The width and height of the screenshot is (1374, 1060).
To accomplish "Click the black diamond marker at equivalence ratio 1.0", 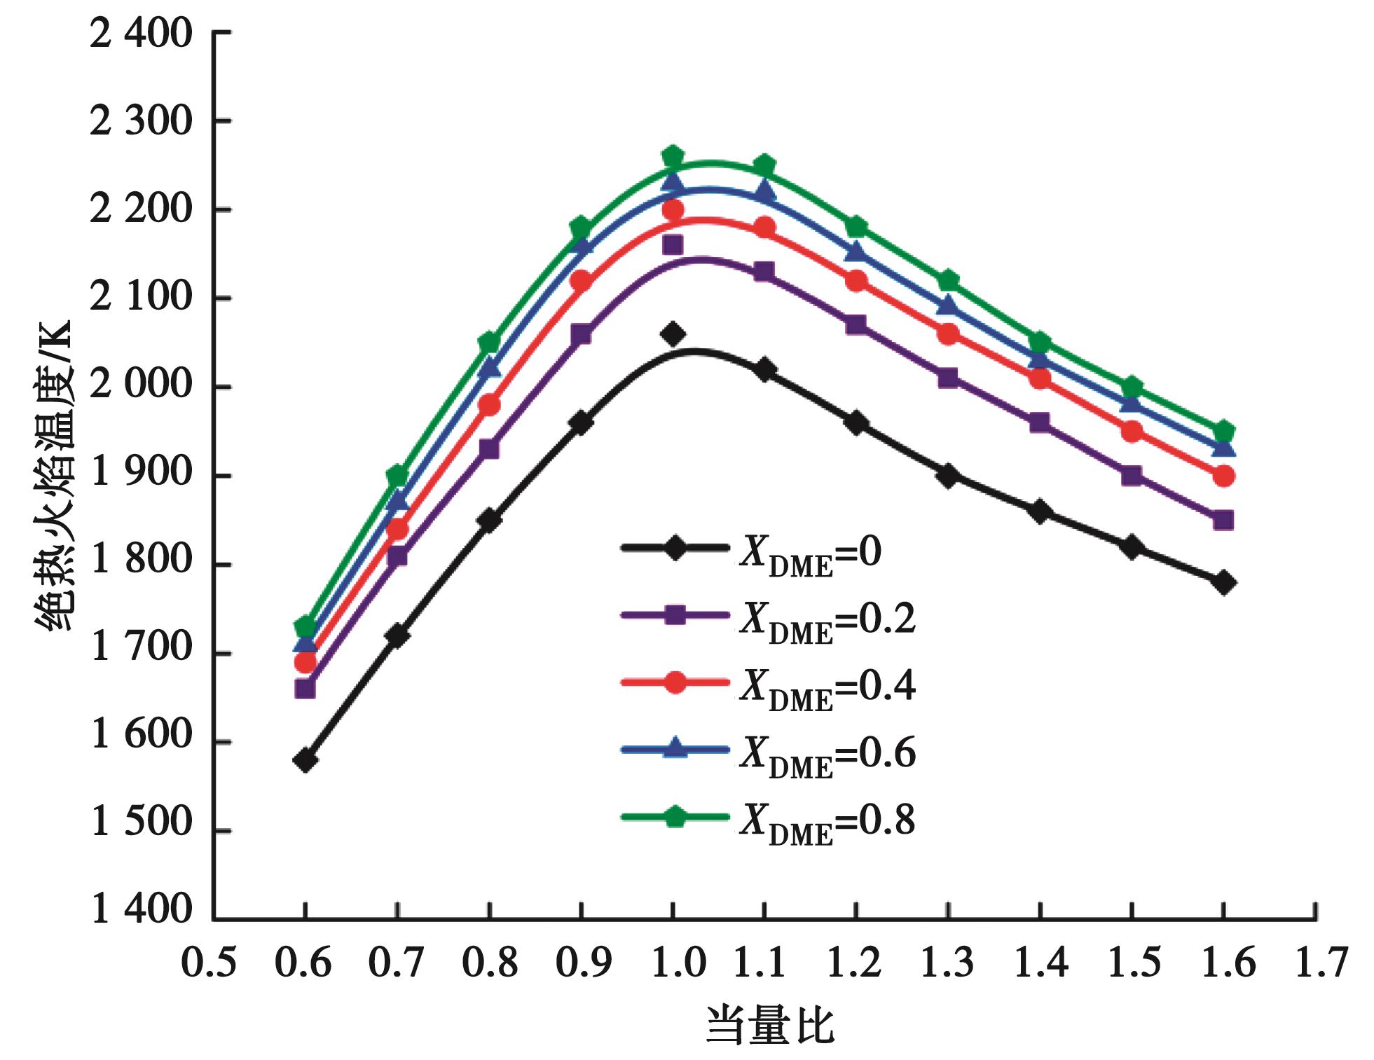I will pos(673,334).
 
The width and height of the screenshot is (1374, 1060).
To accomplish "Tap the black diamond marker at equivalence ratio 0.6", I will pos(305,760).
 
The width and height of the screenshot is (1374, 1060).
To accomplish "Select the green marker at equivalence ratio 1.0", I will pos(673,156).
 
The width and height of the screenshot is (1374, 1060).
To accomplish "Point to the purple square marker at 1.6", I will pos(1223,521).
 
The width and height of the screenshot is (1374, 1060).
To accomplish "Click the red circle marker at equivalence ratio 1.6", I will pos(1223,476).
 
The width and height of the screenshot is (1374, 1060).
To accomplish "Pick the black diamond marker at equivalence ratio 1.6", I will pos(1223,582).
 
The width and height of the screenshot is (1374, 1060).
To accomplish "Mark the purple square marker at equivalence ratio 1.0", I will pos(673,245).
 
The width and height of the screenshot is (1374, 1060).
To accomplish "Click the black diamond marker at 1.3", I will pos(948,476).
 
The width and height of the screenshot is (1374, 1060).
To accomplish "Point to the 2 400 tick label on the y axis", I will pos(141,33).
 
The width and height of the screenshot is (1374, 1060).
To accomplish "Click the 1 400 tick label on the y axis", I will pos(141,909).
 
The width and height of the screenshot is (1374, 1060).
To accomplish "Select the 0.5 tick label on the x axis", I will pos(209,963).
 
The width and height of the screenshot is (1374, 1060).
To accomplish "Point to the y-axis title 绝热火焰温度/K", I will pos(55,476).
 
